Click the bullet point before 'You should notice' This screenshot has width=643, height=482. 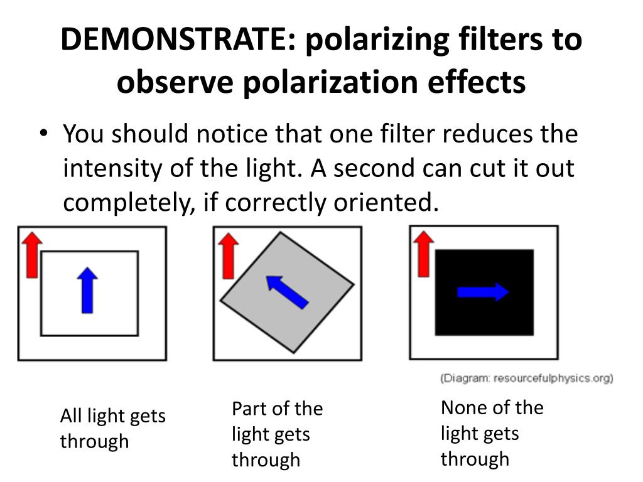click(x=43, y=134)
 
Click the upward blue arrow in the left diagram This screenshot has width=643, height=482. click(x=89, y=290)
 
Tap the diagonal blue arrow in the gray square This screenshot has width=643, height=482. click(x=287, y=292)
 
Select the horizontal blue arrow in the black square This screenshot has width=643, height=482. click(x=482, y=291)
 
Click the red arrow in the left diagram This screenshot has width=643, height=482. click(x=31, y=253)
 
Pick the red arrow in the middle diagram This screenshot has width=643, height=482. click(x=229, y=255)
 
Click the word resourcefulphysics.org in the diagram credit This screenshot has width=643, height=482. click(x=551, y=378)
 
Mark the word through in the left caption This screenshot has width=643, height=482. click(x=94, y=441)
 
